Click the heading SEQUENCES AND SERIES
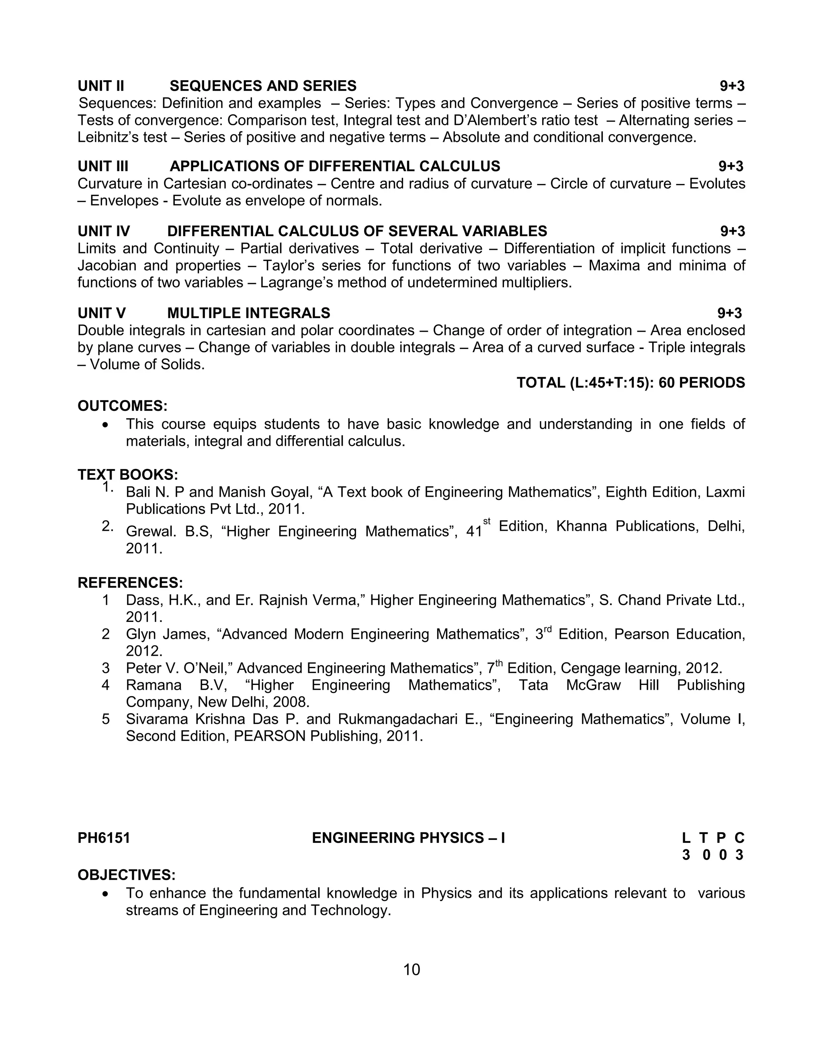(263, 86)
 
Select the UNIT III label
(103, 166)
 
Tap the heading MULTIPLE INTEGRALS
(249, 313)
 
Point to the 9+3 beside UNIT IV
(732, 231)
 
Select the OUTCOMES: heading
(123, 406)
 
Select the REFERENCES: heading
(130, 583)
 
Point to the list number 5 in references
(106, 719)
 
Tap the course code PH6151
(104, 838)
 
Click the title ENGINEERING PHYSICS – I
(408, 838)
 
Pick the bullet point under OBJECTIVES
(106, 893)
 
